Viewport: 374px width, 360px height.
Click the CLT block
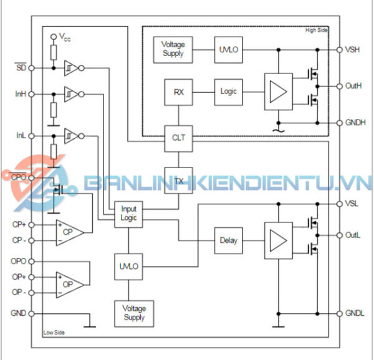coord(178,138)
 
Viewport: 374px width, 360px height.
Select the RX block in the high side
coord(178,92)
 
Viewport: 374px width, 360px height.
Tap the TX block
coord(178,180)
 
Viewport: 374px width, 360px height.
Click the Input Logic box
coord(128,214)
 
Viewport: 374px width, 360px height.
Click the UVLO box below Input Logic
coord(128,266)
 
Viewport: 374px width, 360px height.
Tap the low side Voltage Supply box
coord(133,313)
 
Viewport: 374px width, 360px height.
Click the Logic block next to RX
coord(228,92)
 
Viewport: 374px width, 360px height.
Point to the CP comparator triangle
coord(69,232)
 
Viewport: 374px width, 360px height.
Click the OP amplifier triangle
coord(69,284)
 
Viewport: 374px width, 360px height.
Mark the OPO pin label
coord(19,262)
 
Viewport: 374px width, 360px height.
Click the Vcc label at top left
coord(65,37)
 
